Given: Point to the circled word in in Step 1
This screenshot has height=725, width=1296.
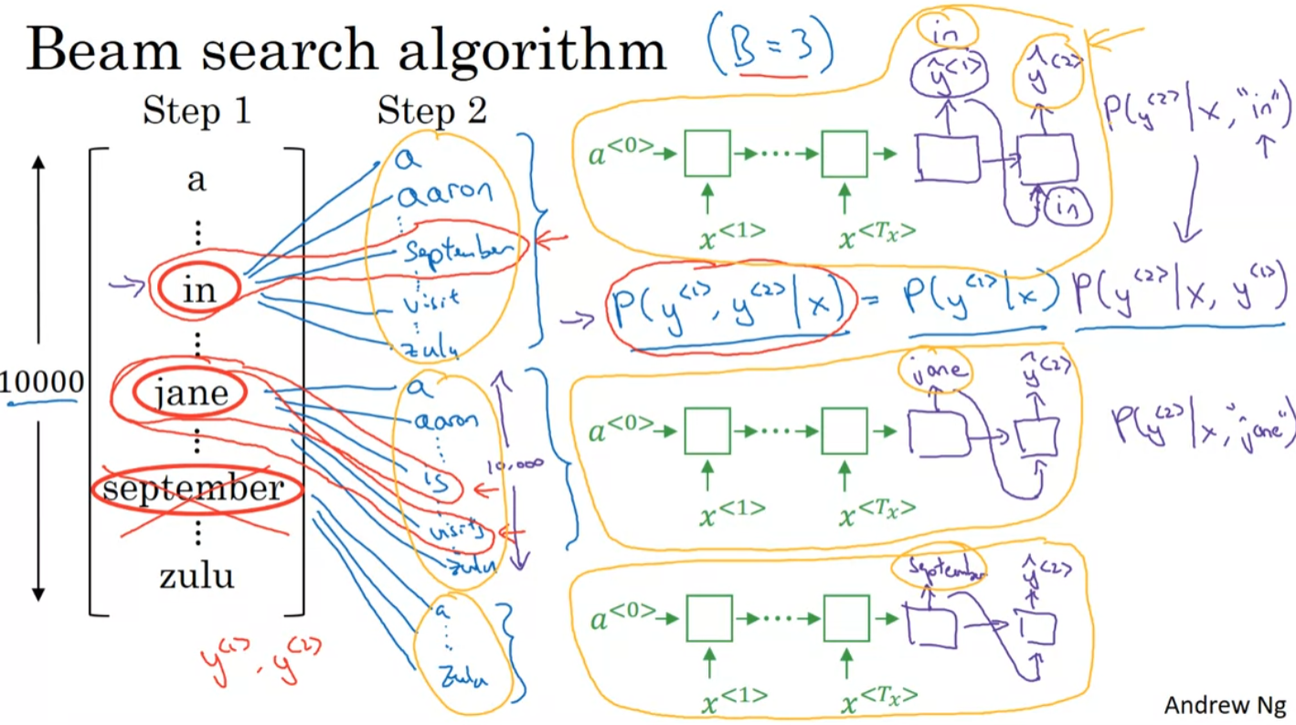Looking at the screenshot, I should click(197, 289).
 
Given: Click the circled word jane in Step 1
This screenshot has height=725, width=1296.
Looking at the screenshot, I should click(191, 393).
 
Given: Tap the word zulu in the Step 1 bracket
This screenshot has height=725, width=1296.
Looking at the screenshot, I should click(196, 576).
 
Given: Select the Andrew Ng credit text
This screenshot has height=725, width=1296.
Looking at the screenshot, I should click(1225, 705).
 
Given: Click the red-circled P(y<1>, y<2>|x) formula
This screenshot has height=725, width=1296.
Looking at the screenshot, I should click(731, 307).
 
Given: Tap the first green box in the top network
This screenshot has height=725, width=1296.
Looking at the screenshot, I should click(706, 153).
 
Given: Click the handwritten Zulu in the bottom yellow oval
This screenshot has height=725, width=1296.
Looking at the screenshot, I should click(462, 677).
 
